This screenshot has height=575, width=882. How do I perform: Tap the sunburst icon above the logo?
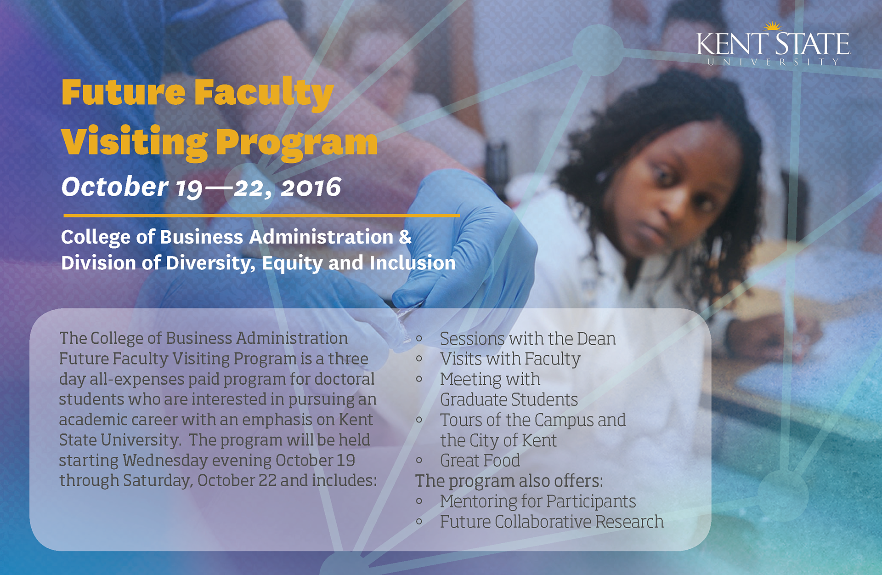[x=773, y=26]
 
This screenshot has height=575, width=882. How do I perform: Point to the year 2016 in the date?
[x=311, y=188]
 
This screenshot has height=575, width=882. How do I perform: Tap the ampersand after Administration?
[x=405, y=237]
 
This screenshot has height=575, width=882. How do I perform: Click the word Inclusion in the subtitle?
[x=413, y=263]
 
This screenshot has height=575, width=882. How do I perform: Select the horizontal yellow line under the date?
[x=261, y=215]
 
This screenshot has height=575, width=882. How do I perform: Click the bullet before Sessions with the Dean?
[x=419, y=339]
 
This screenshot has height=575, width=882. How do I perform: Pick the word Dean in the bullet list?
[x=596, y=339]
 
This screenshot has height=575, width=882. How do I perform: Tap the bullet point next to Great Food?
[x=419, y=460]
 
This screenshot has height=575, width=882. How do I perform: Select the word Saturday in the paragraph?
[x=158, y=481]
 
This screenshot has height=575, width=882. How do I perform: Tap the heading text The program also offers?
[x=509, y=481]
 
